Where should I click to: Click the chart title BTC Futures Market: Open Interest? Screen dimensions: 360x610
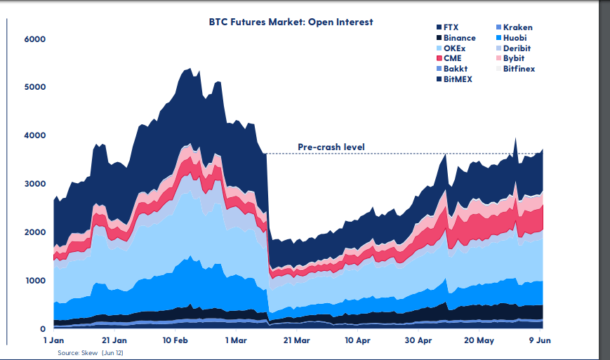[x=291, y=22]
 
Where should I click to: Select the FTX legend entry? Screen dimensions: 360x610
[x=452, y=27]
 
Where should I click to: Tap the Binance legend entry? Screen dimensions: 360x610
[x=459, y=38]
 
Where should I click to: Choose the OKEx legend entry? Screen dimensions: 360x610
[x=454, y=48]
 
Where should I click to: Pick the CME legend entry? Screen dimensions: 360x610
[x=452, y=58]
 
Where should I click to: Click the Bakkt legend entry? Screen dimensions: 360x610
[x=455, y=69]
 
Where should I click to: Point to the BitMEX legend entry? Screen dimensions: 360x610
[x=458, y=79]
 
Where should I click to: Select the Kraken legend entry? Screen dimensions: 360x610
[x=517, y=27]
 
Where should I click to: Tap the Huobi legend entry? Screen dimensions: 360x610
[x=515, y=38]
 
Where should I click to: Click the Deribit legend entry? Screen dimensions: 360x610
[x=517, y=48]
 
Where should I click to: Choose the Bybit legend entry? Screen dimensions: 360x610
[x=514, y=58]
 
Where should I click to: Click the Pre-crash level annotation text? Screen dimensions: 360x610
[x=331, y=147]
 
